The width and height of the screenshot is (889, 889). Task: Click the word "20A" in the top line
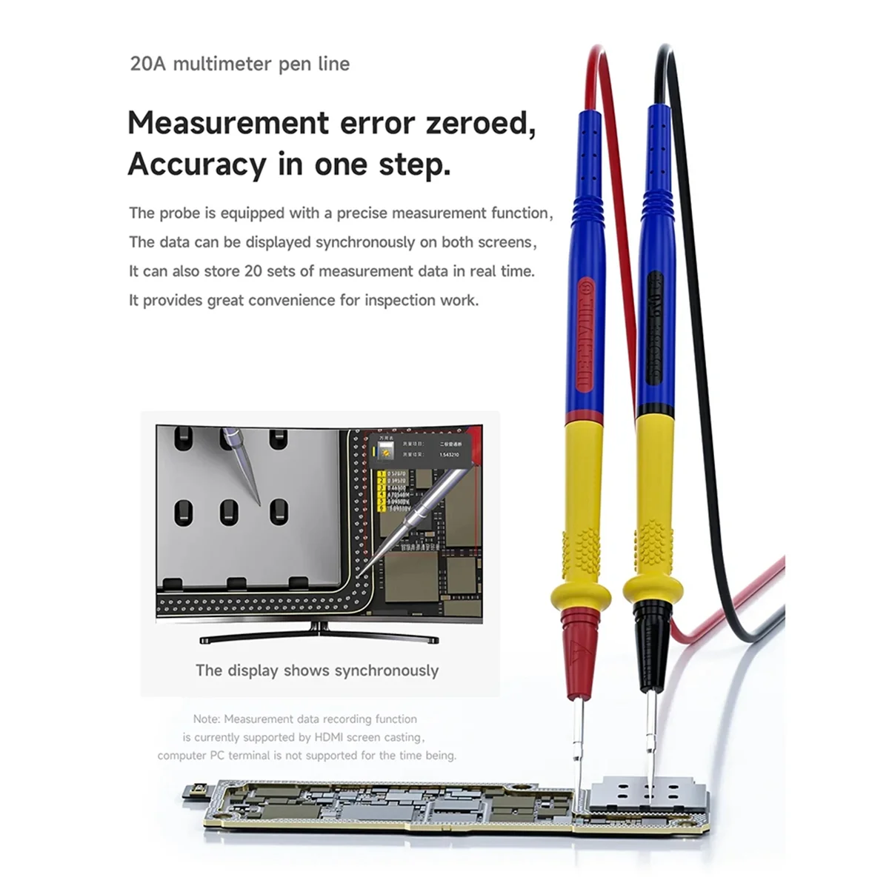[x=148, y=64]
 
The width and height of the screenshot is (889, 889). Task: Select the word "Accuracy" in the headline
[x=196, y=164]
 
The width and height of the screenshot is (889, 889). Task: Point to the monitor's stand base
[x=319, y=638]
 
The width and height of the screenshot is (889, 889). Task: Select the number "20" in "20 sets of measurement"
[x=253, y=271]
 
